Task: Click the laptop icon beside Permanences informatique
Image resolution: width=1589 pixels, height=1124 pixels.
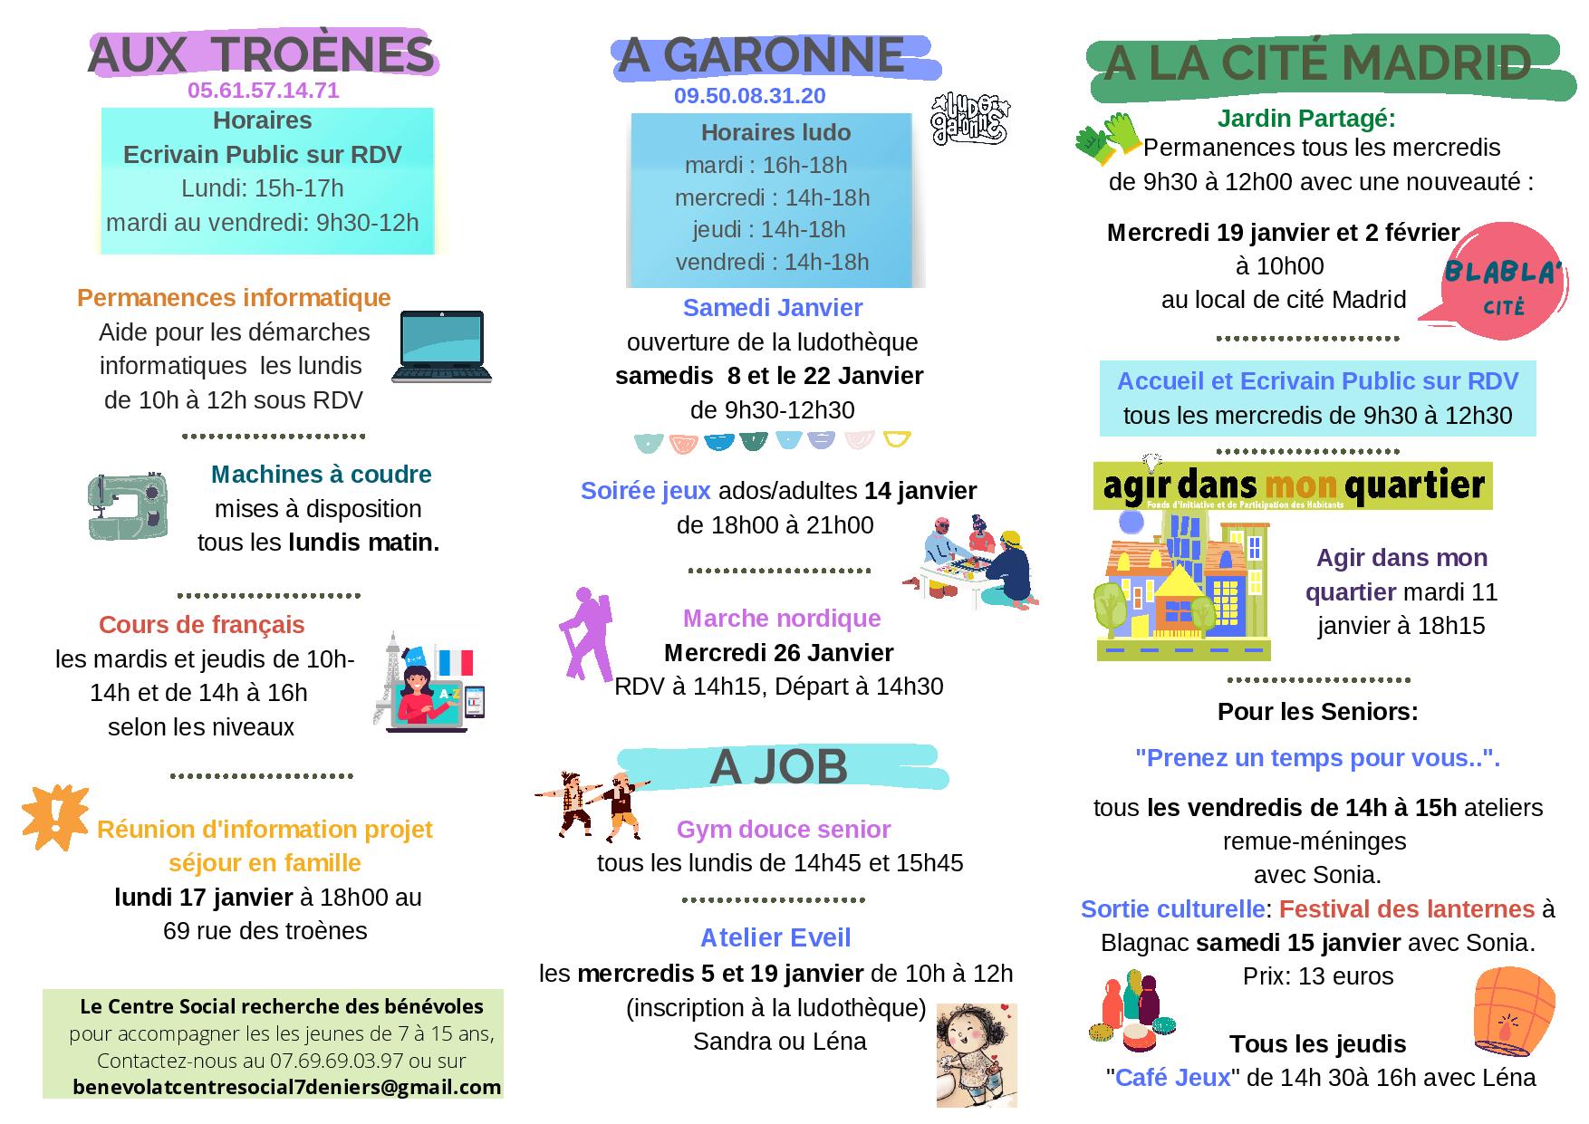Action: pos(441,347)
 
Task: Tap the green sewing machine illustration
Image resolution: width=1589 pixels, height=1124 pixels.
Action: pos(128,506)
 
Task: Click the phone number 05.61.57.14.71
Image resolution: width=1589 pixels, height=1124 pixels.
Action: pos(263,91)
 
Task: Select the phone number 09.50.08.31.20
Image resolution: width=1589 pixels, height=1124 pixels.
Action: pos(749,96)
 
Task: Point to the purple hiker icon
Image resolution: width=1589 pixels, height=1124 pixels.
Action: pos(583,633)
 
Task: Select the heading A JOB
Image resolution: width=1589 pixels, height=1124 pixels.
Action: pos(778,767)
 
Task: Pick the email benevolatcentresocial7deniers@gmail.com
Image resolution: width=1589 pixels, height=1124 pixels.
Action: pos(286,1087)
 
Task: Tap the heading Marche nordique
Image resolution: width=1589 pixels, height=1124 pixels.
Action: pos(781,619)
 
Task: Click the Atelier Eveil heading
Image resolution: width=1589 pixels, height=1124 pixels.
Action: pos(775,937)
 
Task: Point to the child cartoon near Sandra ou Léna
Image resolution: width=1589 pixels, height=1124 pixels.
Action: pos(976,1054)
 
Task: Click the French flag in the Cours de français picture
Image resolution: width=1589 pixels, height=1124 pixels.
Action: pos(455,662)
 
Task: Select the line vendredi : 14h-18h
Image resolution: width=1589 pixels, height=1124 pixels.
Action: pos(772,263)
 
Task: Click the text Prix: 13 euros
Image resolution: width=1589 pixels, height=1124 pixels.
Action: pos(1317,976)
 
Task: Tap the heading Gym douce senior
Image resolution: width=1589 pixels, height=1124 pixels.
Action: pos(784,829)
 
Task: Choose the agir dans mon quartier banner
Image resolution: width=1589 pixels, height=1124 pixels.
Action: pos(1292,486)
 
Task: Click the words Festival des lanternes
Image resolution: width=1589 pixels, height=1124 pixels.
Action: pos(1406,908)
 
